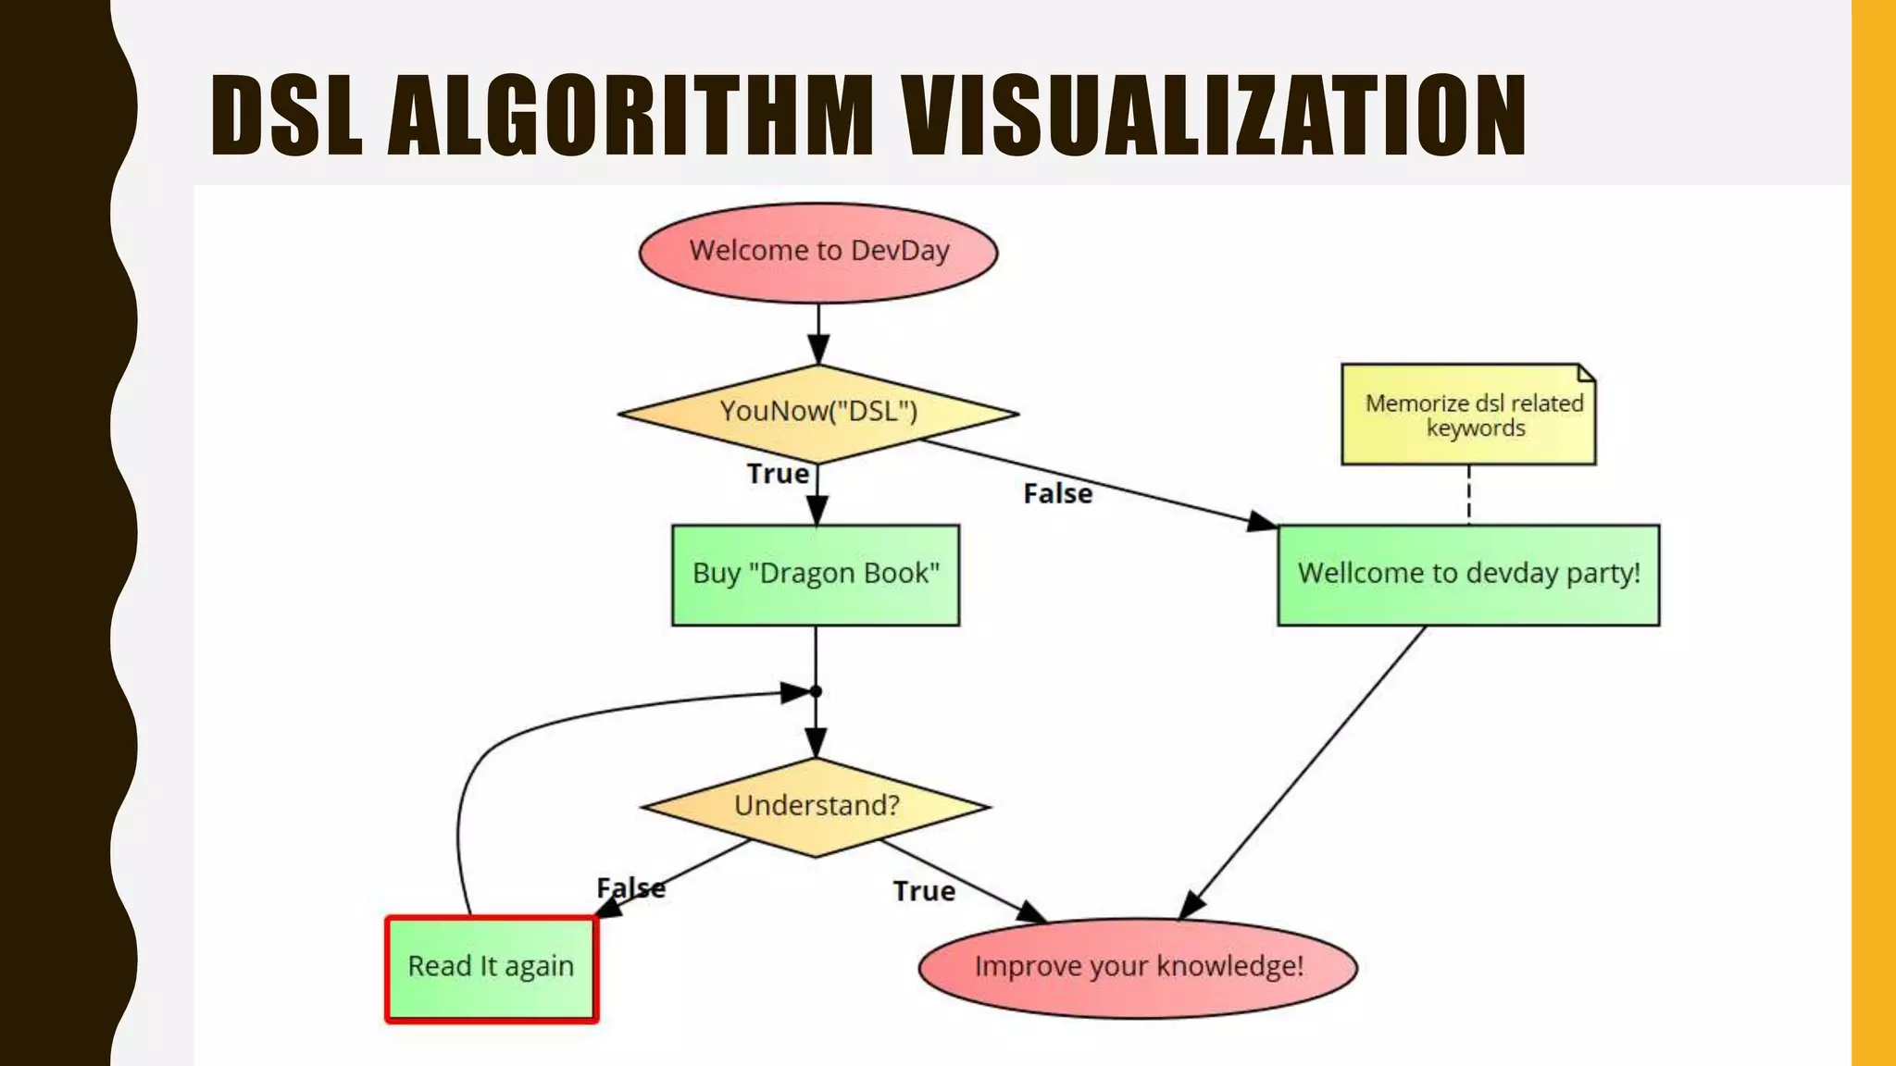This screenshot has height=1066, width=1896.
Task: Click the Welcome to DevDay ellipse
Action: point(818,253)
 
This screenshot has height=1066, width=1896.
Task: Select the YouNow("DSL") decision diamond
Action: point(818,413)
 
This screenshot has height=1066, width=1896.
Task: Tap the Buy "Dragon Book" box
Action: point(816,575)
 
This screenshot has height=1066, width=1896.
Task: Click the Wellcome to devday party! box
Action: point(1468,575)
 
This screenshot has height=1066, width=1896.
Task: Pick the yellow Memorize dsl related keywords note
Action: point(1468,415)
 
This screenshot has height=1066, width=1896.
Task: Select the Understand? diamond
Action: point(816,806)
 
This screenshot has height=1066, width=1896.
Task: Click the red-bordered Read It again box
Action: point(492,968)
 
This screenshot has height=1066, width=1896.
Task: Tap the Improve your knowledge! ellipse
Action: point(1138,968)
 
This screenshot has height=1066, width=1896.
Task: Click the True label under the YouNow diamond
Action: point(778,474)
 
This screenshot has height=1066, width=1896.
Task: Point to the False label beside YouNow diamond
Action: point(1057,494)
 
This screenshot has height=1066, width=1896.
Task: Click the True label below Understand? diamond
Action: point(924,891)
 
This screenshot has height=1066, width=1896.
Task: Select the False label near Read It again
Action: point(630,887)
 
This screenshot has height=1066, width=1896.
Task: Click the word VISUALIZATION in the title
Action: point(1215,116)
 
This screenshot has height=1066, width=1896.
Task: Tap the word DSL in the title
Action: point(286,116)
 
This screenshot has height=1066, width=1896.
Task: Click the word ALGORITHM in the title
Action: point(630,116)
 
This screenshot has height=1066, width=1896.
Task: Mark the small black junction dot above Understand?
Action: point(816,691)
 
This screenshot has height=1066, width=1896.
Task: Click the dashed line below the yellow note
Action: point(1469,494)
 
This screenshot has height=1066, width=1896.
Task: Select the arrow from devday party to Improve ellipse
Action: point(1305,773)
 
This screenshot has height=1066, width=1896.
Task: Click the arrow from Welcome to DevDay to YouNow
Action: point(818,333)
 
